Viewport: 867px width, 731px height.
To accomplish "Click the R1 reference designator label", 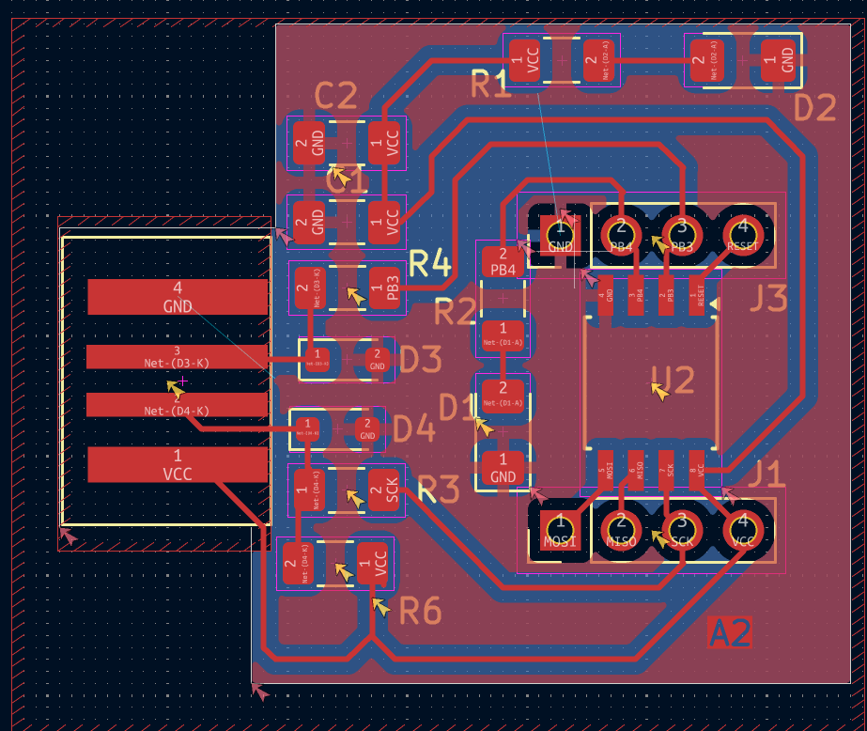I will click(x=490, y=86).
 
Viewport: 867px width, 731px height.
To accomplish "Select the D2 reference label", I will click(x=814, y=108).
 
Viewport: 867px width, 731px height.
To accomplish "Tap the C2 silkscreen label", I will click(x=335, y=96).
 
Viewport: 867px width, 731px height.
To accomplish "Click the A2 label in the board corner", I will click(x=730, y=633).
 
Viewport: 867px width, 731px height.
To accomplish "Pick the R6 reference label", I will click(x=420, y=612).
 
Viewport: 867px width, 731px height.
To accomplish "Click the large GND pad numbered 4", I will click(x=178, y=297).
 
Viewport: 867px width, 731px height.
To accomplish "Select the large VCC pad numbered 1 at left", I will click(x=178, y=464).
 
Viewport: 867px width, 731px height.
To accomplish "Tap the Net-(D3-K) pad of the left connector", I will click(x=178, y=357).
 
